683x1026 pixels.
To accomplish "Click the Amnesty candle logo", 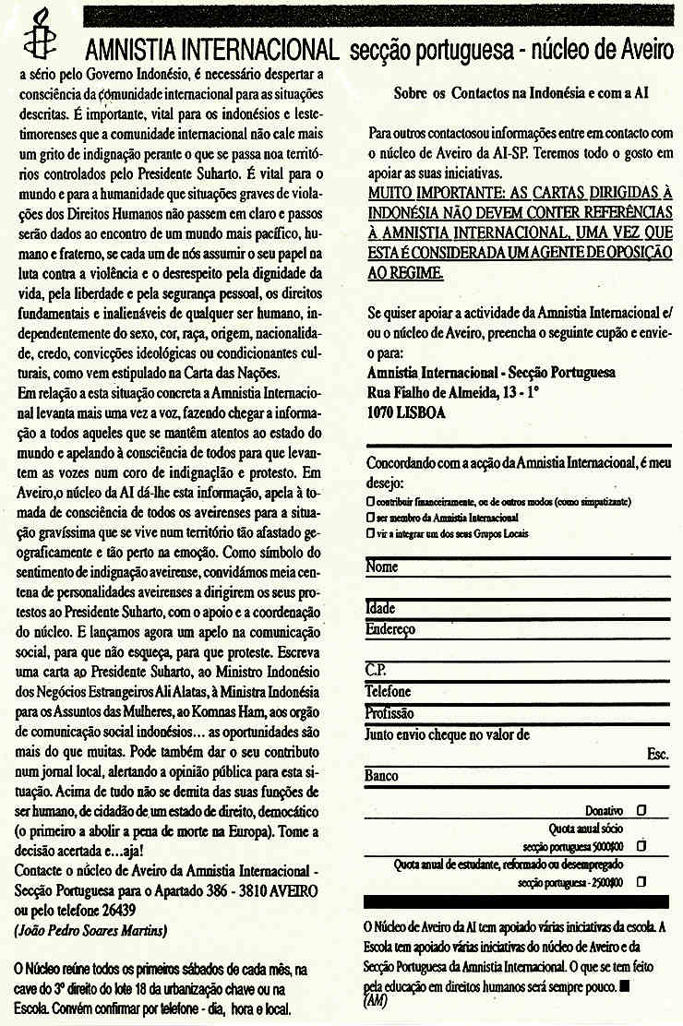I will pos(37,34).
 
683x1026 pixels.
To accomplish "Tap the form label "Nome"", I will pos(381,567).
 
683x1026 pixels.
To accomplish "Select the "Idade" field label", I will pos(381,609).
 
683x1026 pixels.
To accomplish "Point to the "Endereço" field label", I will pos(390,629).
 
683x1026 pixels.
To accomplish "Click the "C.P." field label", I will pos(376,671).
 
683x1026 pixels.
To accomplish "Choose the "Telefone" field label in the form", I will pos(389,691).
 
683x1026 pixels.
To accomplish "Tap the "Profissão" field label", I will pos(389,713).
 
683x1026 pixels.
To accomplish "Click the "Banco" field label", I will pos(382,776).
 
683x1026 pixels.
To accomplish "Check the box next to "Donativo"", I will pos(641,810).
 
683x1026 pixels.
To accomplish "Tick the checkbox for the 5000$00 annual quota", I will pos(641,845).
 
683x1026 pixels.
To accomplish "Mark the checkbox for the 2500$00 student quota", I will pos(641,881).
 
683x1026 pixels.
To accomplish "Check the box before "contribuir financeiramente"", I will pos(370,501).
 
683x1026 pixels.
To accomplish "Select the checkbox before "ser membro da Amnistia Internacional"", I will pos(370,518).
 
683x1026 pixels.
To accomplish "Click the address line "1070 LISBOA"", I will pos(405,412).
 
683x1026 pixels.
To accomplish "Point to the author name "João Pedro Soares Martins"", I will pos(90,931).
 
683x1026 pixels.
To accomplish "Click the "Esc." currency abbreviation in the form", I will pos(657,755).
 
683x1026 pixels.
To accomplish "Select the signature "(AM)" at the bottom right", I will pos(376,1000).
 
